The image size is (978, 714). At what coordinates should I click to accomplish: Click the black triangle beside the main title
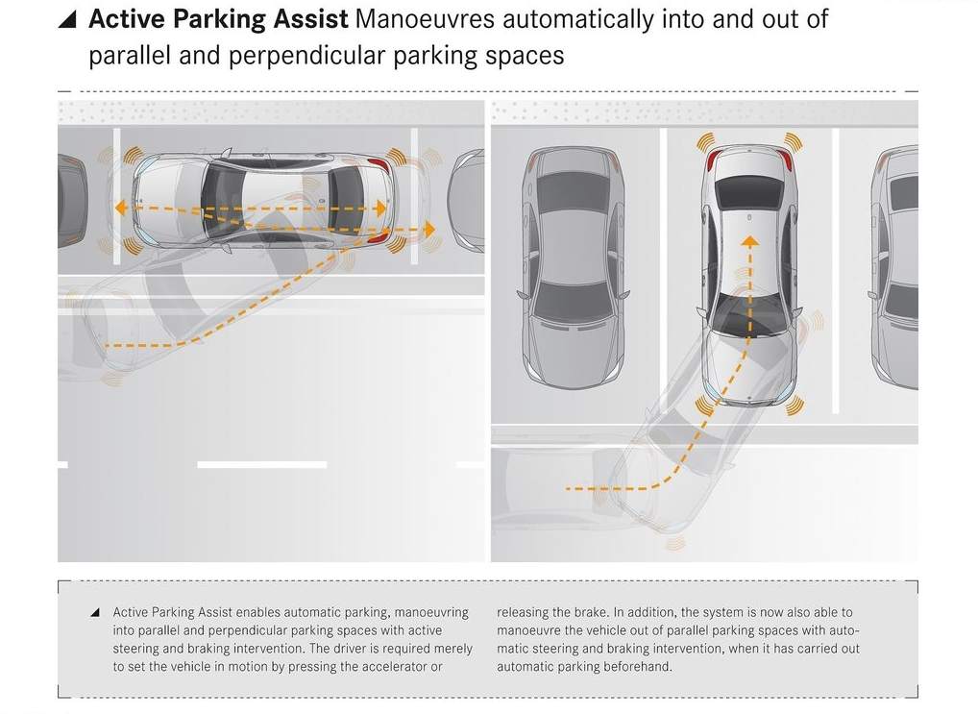coord(68,20)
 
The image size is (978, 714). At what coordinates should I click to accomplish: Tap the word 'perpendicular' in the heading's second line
coord(307,56)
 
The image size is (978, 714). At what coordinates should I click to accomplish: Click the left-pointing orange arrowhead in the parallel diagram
coord(121,208)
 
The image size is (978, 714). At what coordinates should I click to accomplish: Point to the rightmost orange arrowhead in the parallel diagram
coord(429,229)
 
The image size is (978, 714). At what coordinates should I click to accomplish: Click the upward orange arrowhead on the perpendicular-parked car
coord(750,241)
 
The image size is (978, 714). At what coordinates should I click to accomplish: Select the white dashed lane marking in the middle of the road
coord(262,464)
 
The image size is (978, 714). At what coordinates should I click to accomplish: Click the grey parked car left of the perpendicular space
coord(573,267)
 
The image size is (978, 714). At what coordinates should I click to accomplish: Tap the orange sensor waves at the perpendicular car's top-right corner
coord(793,141)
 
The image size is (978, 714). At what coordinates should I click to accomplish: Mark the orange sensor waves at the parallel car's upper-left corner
coord(133,155)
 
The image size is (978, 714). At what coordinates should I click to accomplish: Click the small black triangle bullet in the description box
coord(95,612)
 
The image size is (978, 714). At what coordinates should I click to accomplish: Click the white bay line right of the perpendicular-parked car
coord(835,271)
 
